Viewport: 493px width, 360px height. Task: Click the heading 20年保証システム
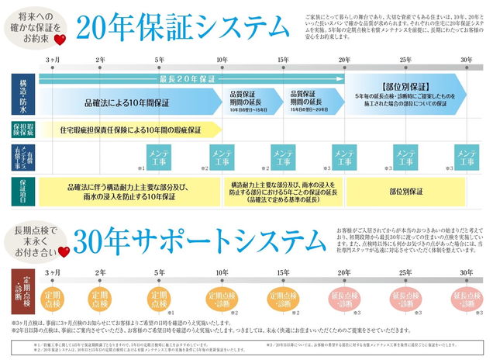[184, 28]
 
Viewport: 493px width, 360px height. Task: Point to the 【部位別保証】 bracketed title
[406, 88]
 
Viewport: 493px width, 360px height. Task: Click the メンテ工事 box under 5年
[159, 158]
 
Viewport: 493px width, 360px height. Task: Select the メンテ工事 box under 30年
[466, 158]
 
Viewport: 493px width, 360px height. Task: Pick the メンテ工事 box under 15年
[283, 158]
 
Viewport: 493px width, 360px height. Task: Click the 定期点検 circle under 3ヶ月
[53, 298]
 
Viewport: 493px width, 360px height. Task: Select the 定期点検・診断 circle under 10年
[222, 298]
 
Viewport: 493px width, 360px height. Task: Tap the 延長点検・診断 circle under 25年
[406, 298]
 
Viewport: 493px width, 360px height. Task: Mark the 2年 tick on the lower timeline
[99, 272]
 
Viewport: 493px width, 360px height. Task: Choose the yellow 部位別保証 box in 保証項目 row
[406, 189]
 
